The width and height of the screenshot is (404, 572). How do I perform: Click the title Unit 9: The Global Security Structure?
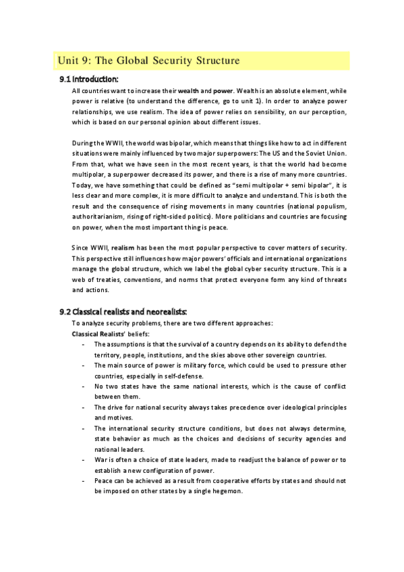tap(148, 61)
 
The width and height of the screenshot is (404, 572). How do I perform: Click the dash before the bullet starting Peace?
tap(82, 482)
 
